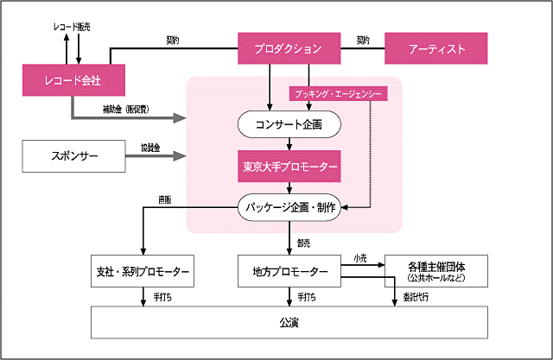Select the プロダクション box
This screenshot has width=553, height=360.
289,48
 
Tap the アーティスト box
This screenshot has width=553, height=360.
436,48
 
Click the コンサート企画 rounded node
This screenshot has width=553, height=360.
289,125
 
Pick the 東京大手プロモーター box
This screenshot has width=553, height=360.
289,165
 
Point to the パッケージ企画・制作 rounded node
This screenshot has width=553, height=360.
289,206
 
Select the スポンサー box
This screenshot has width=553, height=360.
75,157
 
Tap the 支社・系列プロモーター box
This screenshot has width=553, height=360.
141,272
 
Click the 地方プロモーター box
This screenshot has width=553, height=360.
289,272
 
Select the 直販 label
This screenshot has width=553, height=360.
164,199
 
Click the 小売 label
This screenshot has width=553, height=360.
359,258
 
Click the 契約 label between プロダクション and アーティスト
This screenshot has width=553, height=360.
364,39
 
